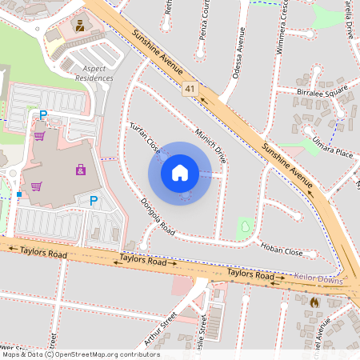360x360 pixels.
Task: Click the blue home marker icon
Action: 180,172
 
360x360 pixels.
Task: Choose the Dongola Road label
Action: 157,216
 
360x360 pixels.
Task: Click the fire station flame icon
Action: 314,302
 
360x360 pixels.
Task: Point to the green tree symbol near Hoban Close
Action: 243,227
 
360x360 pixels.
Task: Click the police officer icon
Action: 79,26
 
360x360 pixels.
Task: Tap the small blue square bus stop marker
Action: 18,194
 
